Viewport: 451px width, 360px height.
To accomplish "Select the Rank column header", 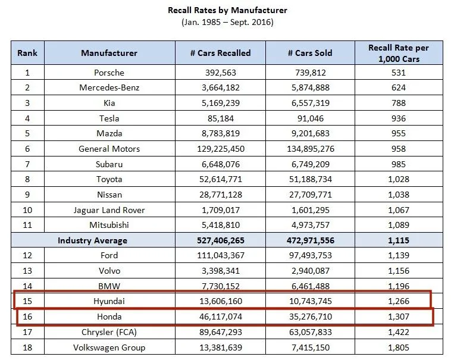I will pos(27,53).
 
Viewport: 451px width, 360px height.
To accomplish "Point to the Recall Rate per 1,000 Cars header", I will pos(398,53).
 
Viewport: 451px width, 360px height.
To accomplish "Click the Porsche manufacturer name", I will pos(109,73).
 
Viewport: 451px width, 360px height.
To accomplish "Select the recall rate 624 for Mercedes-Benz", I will pos(398,87).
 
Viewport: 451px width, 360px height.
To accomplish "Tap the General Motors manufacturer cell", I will pos(109,149).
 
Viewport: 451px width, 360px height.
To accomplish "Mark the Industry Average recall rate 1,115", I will pos(398,240).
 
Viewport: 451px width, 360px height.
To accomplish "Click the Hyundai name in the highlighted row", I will pos(109,301).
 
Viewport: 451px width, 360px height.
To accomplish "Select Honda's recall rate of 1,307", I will pos(398,317).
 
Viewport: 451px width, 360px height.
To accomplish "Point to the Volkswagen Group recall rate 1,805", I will pos(398,347).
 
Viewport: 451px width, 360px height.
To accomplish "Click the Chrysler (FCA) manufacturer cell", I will pos(109,331).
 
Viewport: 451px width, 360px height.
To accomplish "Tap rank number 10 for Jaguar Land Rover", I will pos(27,209).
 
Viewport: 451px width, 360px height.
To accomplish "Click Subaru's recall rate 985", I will pos(398,164).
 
